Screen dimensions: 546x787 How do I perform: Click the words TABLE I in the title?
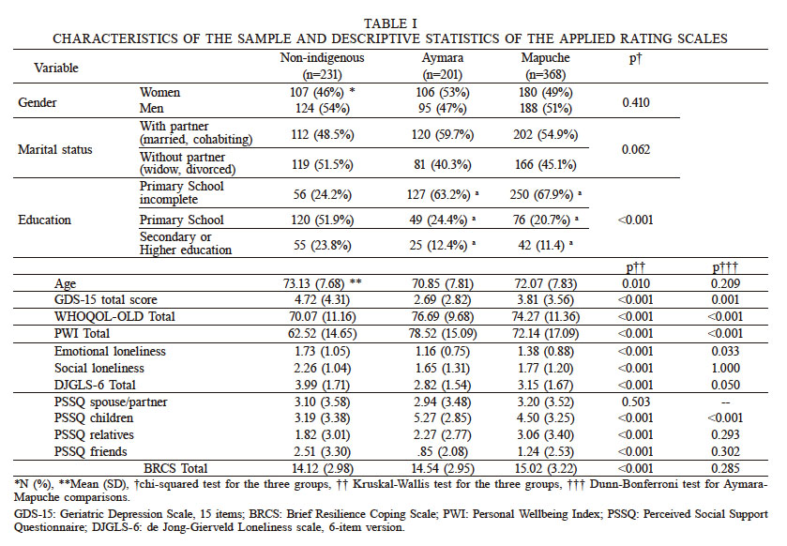coord(393,22)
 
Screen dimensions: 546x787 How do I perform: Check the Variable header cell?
coord(57,68)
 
